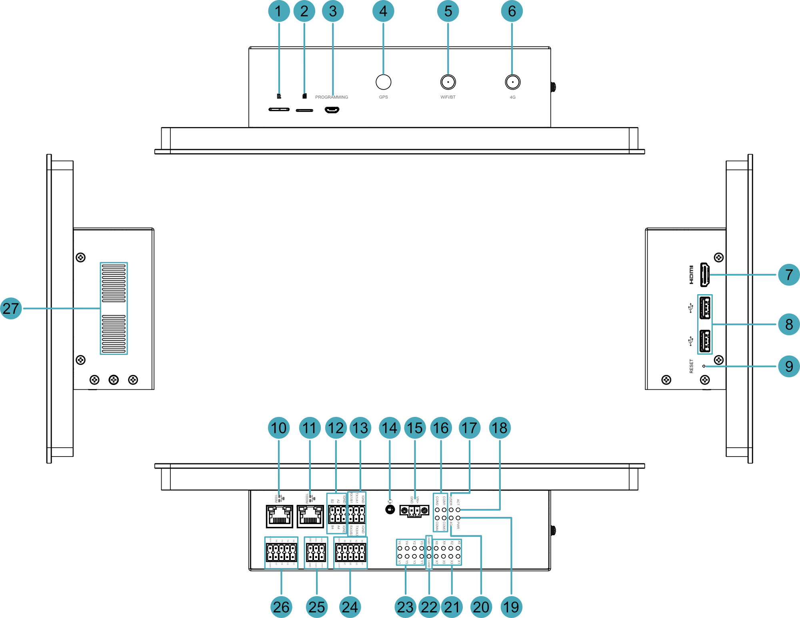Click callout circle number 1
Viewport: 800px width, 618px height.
coord(279,11)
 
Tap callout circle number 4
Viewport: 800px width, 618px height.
coord(383,11)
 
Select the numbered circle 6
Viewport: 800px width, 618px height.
coord(512,11)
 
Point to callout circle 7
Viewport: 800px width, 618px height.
coord(788,275)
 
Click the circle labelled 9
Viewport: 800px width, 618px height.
coord(788,366)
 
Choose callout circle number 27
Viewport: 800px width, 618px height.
coord(11,308)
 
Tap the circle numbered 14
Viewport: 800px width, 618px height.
coord(390,428)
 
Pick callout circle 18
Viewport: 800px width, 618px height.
coord(500,428)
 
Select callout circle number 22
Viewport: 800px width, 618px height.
coord(429,607)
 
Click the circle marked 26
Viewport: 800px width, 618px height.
coord(281,607)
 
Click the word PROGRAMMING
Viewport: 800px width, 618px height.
coord(332,97)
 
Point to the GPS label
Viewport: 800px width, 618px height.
coord(383,97)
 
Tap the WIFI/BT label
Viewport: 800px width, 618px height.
coord(448,97)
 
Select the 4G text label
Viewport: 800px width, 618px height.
coord(512,97)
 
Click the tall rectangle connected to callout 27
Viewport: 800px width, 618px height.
coord(114,308)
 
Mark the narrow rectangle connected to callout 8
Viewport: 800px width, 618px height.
coord(705,324)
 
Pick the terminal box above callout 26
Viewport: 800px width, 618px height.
coord(281,552)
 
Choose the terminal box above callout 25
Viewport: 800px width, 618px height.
coord(316,552)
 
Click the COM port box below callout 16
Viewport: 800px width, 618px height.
coord(440,512)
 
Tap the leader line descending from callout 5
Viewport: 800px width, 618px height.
coord(448,48)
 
